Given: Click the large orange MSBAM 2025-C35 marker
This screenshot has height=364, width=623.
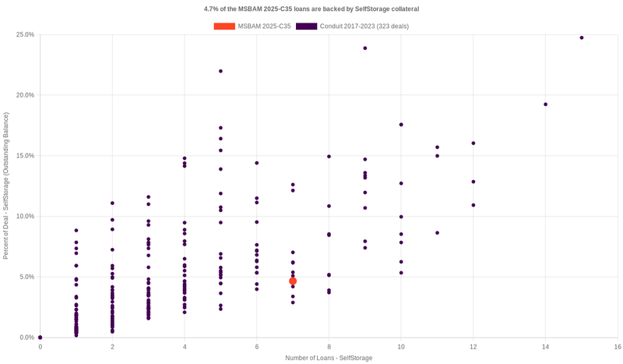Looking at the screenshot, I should point(293,281).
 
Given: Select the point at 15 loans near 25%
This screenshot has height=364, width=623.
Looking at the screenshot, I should point(582,37).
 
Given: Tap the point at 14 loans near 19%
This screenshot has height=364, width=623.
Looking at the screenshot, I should point(545,104).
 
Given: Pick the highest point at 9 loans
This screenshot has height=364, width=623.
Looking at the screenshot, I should point(365,48).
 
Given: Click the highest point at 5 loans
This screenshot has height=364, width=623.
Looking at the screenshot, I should point(220,71).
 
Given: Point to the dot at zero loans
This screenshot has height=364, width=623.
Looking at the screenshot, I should point(40,337).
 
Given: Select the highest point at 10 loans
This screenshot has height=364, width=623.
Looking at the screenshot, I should point(401,125).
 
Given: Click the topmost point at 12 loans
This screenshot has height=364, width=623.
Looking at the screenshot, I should point(473,143).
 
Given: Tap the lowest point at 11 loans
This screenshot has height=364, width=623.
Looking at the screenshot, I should point(437,233).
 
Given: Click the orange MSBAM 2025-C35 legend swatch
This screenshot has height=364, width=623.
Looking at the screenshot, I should point(224,27).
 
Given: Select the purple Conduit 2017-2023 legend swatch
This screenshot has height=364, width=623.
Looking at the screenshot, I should point(306,27).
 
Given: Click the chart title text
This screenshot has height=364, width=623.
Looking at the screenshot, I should point(311,9).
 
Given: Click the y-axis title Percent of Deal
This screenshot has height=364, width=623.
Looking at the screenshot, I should point(6,186).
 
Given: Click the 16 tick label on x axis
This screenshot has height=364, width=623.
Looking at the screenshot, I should point(618,346).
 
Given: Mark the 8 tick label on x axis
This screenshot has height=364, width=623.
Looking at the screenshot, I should point(329,346).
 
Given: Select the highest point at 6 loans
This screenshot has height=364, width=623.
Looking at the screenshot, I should point(257,163).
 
